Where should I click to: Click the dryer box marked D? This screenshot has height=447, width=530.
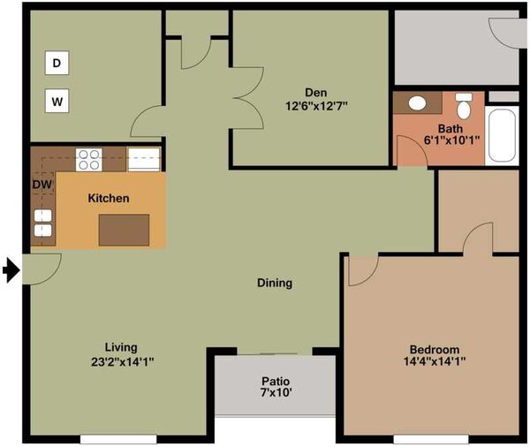[57, 63]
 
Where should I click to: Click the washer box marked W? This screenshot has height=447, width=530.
[57, 101]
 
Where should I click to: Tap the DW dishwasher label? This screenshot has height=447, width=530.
[42, 185]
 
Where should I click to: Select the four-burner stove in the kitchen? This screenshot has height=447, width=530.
[88, 160]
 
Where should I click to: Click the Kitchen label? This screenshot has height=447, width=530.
[109, 198]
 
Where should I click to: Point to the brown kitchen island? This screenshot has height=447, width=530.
[124, 230]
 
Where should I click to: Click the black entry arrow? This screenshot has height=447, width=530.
[11, 269]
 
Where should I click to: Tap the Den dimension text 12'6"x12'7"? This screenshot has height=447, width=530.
[317, 107]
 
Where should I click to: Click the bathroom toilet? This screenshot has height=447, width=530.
[464, 106]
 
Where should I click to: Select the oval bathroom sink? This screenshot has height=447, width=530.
[418, 103]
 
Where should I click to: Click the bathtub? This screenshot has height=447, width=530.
[502, 135]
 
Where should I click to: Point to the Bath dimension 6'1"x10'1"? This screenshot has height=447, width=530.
[452, 140]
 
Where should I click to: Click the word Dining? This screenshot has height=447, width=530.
[275, 283]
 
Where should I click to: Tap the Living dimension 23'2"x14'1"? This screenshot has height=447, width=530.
[123, 362]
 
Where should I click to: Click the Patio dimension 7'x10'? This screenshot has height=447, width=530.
[276, 392]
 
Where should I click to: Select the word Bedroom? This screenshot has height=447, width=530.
[435, 349]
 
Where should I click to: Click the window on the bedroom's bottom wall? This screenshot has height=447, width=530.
[431, 439]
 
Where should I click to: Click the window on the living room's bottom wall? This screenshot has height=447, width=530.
[118, 439]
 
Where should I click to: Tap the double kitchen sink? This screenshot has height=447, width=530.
[43, 223]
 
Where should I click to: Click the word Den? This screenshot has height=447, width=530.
[316, 92]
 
